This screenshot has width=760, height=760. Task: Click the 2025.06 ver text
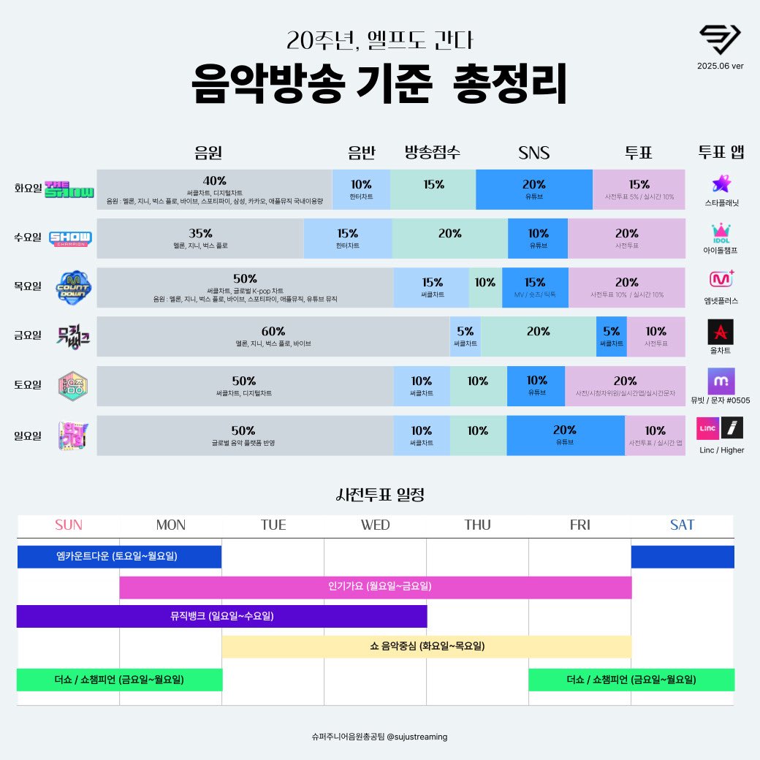[720, 64]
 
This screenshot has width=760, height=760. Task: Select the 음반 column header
[361, 153]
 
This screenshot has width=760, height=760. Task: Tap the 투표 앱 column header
[721, 153]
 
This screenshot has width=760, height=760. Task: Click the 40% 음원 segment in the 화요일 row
[214, 189]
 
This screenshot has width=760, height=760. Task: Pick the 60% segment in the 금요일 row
[273, 336]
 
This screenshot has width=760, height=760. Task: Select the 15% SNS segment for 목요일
[535, 287]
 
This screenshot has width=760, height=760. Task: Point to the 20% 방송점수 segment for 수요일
[449, 238]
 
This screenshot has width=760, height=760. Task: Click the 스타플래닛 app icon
[721, 183]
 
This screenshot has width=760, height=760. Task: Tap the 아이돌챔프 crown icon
[721, 232]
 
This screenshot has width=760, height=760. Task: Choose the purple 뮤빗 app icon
[721, 381]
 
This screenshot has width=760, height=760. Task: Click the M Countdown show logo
[74, 287]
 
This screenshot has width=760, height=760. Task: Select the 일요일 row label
[28, 436]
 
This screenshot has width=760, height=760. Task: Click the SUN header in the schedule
[69, 525]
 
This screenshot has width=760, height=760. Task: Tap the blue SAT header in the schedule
[682, 525]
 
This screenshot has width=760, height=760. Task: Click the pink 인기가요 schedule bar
[375, 587]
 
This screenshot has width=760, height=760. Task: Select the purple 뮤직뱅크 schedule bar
[221, 616]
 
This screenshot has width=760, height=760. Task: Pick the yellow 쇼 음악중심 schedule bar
[426, 646]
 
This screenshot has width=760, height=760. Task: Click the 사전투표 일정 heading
[379, 495]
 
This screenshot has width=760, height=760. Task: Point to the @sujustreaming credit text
[379, 737]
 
